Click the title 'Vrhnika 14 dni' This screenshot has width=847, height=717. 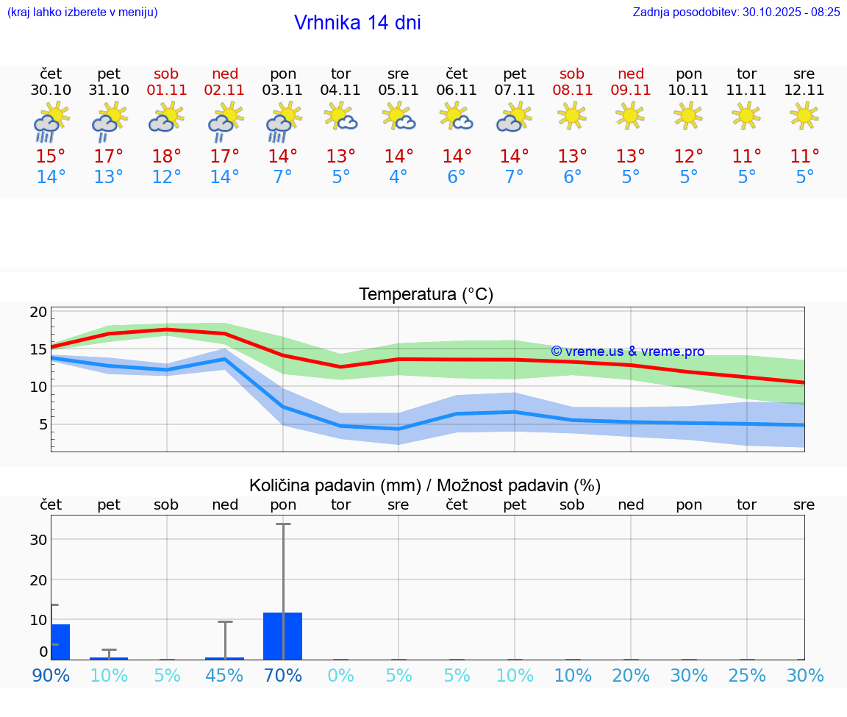click(357, 23)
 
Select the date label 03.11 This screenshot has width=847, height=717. click(283, 90)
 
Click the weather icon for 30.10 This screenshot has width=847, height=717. click(51, 121)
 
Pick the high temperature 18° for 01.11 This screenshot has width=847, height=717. click(167, 157)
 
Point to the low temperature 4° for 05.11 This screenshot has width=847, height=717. click(399, 177)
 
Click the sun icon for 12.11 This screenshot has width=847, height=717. click(804, 115)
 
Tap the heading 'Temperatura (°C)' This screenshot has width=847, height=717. click(426, 295)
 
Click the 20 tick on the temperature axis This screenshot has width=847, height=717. click(38, 312)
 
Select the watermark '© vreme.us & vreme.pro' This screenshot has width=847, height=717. click(627, 352)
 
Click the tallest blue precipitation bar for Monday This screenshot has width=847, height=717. click(283, 636)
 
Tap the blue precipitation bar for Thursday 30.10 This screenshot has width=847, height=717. click(60, 642)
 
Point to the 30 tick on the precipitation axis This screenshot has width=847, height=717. click(38, 539)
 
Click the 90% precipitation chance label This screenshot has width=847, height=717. click(51, 675)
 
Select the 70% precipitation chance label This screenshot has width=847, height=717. click(283, 675)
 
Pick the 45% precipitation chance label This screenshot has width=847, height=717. click(225, 675)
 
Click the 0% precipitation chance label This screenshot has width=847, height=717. click(341, 675)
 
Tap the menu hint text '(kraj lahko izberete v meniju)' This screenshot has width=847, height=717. click(82, 12)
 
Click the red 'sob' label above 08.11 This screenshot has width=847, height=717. click(572, 74)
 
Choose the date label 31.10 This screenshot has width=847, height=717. click(109, 90)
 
